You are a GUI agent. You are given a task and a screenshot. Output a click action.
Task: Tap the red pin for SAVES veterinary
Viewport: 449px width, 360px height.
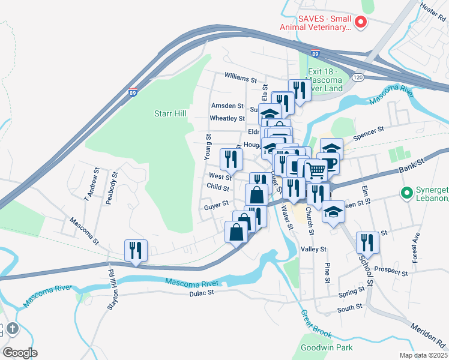(361, 23)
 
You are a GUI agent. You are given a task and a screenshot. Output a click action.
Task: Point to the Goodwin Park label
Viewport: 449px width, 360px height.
(327, 347)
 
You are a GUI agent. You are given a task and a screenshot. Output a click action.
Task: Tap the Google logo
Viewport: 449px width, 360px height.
(19, 352)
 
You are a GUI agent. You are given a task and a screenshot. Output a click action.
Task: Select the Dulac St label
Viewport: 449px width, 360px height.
(202, 293)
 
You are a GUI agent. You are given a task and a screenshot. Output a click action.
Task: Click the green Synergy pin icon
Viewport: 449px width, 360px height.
(406, 194)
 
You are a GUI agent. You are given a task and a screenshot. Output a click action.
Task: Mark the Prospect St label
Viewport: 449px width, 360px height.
(391, 271)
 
